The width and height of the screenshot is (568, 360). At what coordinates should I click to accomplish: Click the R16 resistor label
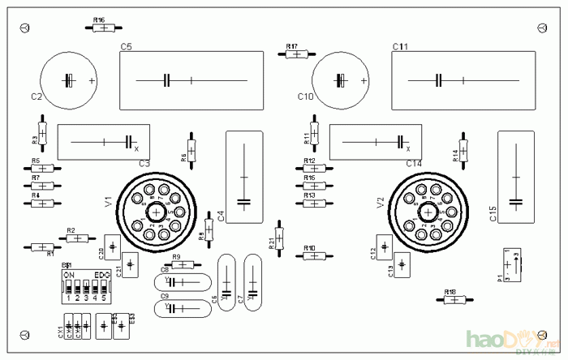pos(99,19)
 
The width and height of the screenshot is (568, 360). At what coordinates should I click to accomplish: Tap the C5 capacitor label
pos(127,47)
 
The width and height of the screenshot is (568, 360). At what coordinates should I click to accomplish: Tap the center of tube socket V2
pos(427,211)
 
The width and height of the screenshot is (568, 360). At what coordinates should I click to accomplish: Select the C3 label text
pos(144,164)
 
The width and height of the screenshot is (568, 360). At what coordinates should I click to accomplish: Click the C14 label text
pos(414,164)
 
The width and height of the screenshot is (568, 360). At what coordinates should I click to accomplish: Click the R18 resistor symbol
pos(453,299)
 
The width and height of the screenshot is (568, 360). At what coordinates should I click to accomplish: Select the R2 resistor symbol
pos(76,238)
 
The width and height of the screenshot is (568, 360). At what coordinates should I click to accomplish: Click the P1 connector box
pos(510,264)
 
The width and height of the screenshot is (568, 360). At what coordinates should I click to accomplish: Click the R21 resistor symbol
pos(281,237)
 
